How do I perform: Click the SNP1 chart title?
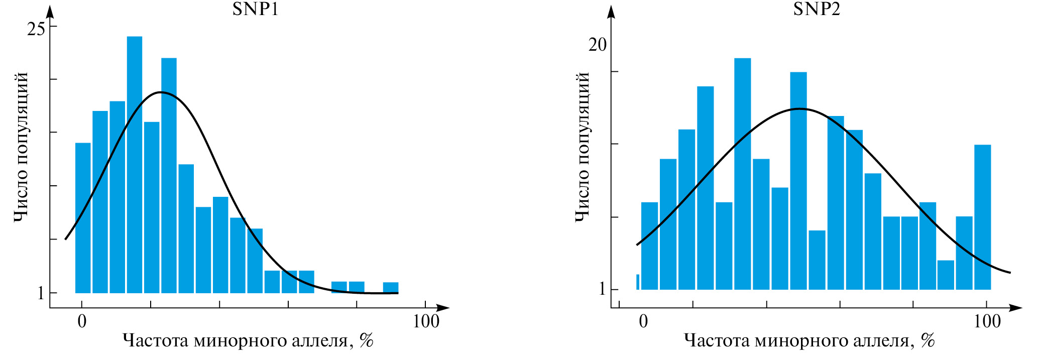tap(255, 9)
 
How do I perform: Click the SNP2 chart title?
tap(817, 9)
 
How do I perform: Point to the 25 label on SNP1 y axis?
tap(36, 30)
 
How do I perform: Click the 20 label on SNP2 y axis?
tap(597, 45)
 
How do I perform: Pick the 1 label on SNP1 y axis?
tap(41, 293)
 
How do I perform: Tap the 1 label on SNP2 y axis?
tap(602, 289)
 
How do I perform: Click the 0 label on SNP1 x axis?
tap(82, 321)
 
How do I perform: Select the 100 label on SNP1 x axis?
tap(426, 321)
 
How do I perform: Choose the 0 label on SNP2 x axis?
tap(643, 321)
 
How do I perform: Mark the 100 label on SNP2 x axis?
tap(987, 321)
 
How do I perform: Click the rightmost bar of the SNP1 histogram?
tap(390, 287)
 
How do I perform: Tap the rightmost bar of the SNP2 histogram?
tap(982, 217)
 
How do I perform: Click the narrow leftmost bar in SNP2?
tap(638, 282)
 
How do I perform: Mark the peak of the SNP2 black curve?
tap(799, 108)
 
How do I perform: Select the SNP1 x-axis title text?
tap(248, 341)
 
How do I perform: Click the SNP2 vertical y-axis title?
tap(582, 147)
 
